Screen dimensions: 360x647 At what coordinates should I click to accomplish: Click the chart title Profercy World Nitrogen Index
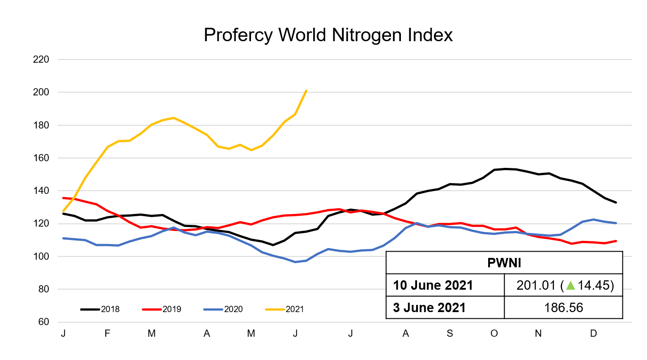tap(328, 35)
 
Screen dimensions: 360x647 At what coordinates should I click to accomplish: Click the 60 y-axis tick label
tap(43, 322)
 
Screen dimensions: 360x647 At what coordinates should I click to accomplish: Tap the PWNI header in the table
tap(504, 263)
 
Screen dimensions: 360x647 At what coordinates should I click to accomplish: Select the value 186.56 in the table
tap(563, 308)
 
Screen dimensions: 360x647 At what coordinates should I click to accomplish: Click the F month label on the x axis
tap(107, 334)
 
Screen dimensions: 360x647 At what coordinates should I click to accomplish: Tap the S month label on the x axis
tap(450, 334)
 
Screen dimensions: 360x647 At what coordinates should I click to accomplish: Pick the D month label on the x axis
tap(593, 334)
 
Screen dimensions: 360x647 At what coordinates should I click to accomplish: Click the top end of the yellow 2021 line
tap(306, 90)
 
